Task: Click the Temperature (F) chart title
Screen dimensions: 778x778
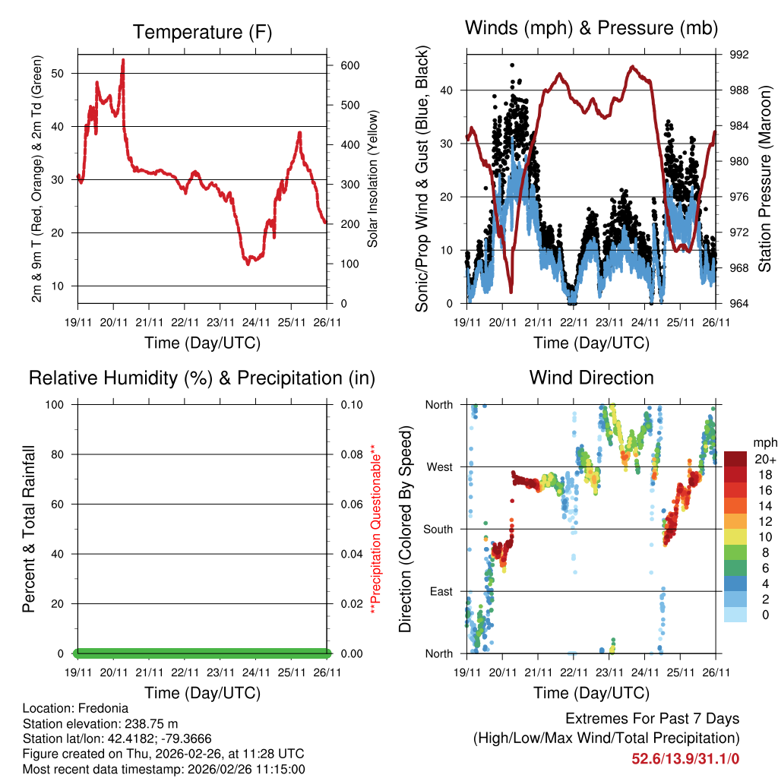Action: (x=202, y=32)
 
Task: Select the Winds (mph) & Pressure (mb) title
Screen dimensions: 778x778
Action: (x=591, y=28)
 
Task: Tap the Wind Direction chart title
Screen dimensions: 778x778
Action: (x=591, y=377)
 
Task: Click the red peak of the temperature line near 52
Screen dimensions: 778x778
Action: (x=123, y=61)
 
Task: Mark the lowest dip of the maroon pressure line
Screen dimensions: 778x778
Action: (x=511, y=291)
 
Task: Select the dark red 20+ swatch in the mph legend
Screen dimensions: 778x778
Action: (x=735, y=458)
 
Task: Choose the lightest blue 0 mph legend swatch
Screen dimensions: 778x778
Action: (x=735, y=615)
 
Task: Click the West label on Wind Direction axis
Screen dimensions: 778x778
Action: (x=438, y=466)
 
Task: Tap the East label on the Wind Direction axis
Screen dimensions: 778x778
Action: (x=440, y=591)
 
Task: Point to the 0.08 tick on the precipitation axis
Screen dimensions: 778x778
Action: (x=349, y=454)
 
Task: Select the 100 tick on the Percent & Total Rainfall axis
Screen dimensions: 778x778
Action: (x=55, y=404)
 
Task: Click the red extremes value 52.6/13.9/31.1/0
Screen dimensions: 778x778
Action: (x=685, y=757)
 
